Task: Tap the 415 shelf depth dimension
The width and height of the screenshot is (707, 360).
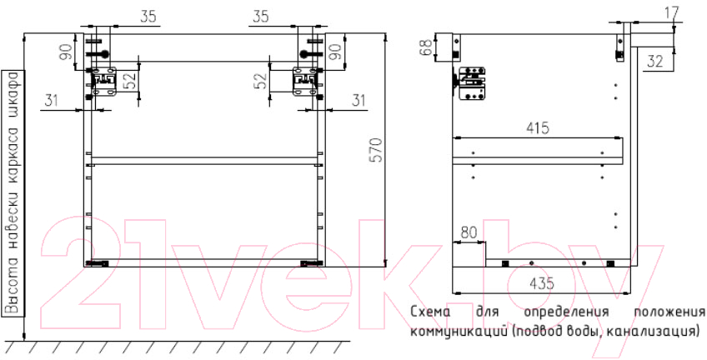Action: pos(538,128)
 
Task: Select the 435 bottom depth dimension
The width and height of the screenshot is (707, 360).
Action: pos(541,284)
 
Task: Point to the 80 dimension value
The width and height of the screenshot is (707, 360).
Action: pos(469,233)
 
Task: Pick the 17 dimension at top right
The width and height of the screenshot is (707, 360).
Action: pos(672,12)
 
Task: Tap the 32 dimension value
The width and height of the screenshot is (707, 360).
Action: pos(654,62)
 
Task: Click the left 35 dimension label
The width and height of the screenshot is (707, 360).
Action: pos(148,17)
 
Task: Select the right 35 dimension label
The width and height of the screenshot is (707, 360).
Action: pos(260,17)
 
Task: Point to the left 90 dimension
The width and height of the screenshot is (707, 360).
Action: pos(66,52)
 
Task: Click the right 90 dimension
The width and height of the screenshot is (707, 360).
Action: pos(335,52)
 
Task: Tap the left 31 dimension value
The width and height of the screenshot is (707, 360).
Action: pos(52,101)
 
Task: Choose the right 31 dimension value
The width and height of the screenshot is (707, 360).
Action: pos(358,101)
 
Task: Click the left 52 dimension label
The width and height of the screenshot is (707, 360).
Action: pos(130,81)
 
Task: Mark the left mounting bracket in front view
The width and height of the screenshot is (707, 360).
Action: pos(103,81)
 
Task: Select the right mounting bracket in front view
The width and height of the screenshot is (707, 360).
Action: pos(305,81)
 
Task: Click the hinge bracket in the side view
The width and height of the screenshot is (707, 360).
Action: pos(471,83)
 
